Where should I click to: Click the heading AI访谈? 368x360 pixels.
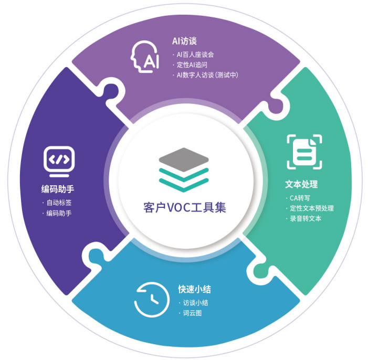[184, 41]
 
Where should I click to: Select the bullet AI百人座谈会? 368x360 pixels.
[195, 55]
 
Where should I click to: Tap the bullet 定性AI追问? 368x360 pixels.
[192, 65]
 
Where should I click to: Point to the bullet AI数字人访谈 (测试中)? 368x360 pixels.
[207, 75]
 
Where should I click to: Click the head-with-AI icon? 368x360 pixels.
[144, 57]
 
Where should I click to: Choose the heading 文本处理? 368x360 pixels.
[301, 184]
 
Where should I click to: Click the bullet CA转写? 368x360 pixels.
[300, 198]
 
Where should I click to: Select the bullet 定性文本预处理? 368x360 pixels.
[312, 208]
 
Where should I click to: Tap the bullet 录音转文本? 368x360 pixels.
[306, 218]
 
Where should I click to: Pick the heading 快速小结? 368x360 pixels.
[194, 289]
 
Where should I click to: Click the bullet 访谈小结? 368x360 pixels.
[195, 303]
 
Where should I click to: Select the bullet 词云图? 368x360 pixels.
[192, 313]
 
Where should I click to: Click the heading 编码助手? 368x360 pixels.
[58, 189]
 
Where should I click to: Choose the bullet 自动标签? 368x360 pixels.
[59, 203]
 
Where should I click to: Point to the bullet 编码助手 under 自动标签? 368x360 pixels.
[59, 213]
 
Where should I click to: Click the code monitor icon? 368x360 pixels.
[59, 162]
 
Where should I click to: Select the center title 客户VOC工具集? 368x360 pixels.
[185, 207]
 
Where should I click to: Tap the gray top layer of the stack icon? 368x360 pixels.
[184, 160]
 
